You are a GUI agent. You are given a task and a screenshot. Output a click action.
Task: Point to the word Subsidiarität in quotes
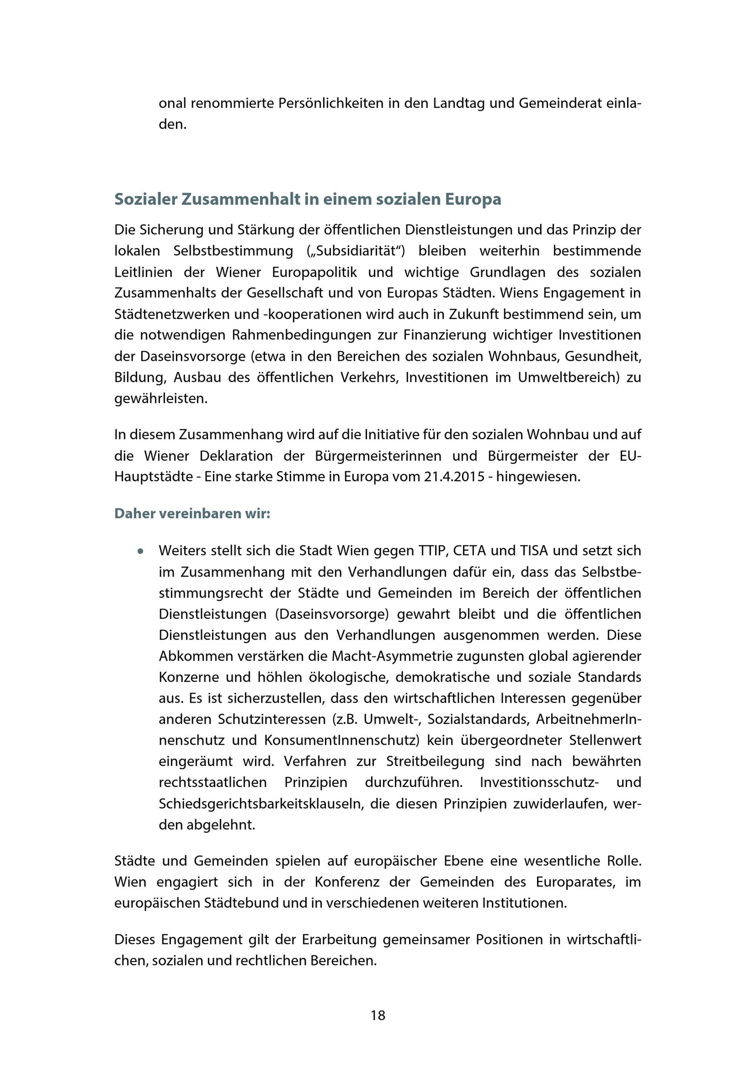356,251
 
